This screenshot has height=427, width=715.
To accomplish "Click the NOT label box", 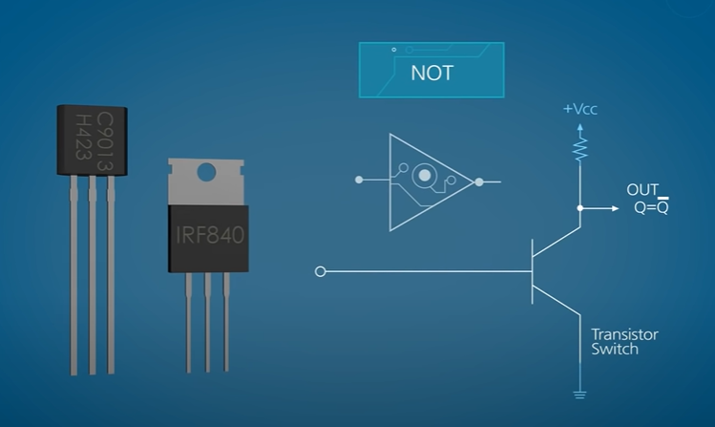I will click(431, 71).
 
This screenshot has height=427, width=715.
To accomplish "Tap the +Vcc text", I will click(579, 109).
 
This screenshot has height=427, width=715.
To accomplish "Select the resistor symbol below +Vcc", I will click(579, 146).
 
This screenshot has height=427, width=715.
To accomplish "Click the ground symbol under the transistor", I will click(579, 393).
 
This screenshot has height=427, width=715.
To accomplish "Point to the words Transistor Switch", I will click(624, 342).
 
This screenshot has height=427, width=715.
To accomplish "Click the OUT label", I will click(641, 190).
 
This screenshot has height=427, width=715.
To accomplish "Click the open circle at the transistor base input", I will click(320, 272).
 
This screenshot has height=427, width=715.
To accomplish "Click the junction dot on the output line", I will click(579, 207).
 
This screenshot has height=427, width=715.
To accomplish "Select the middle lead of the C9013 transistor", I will click(92, 277).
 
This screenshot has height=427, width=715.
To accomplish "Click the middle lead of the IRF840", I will click(207, 320).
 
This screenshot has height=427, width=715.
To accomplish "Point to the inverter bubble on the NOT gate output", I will click(478, 180).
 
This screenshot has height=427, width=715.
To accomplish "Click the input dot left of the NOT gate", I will click(358, 180).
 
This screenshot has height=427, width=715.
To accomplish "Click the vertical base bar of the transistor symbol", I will click(533, 272).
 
